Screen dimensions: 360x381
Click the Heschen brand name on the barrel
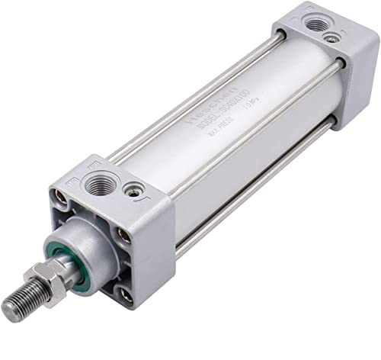pos(190,108)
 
